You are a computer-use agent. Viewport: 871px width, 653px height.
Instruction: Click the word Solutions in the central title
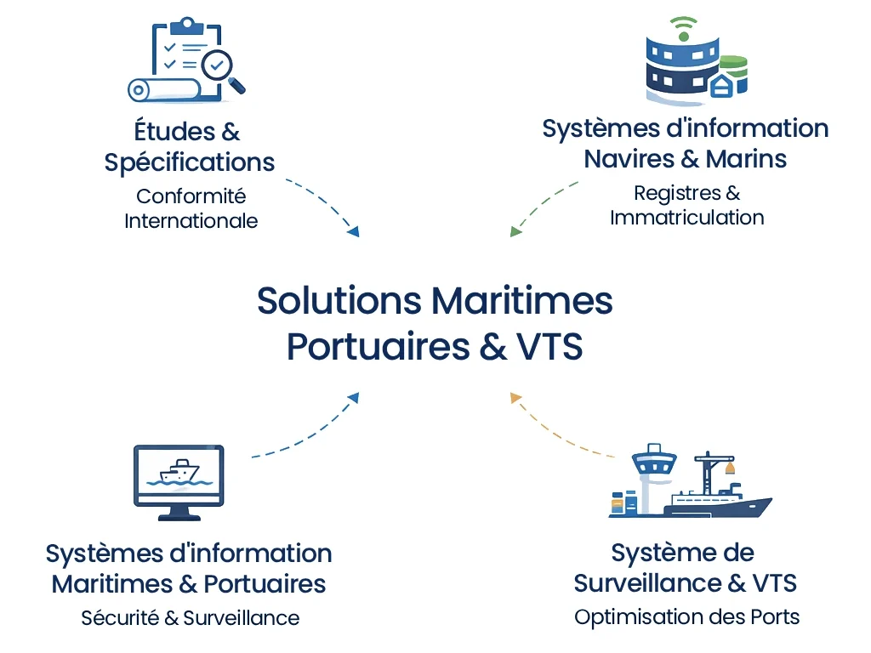(339, 301)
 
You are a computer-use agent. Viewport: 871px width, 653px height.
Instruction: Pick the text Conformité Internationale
(191, 208)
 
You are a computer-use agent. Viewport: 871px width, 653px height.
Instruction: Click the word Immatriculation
(686, 217)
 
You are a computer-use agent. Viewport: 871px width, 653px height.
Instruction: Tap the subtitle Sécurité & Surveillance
(190, 617)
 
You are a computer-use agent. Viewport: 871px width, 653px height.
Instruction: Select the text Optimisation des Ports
(686, 616)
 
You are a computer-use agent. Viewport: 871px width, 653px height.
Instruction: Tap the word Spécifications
(190, 162)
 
